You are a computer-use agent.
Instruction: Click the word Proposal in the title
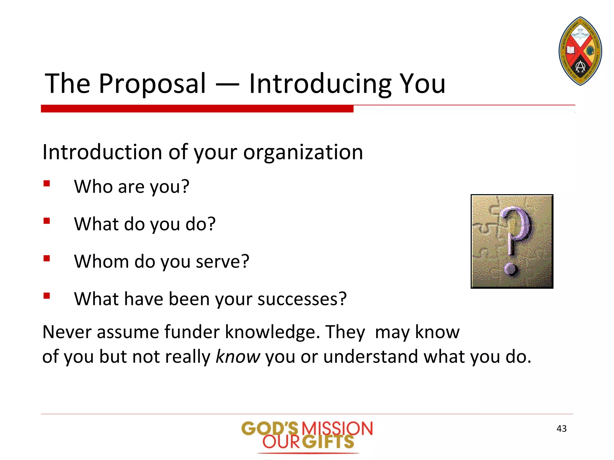[152, 84]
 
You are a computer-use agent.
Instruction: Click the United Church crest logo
[580, 51]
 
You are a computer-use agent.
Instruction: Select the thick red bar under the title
[197, 109]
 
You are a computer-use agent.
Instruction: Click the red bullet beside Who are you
[46, 183]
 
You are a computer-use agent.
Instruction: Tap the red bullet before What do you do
[46, 221]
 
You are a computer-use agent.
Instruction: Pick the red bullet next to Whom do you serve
[46, 258]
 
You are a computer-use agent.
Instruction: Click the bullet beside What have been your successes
[46, 296]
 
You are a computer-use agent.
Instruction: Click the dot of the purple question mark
[510, 268]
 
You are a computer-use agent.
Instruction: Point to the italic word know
[238, 357]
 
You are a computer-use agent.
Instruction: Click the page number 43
[561, 429]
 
